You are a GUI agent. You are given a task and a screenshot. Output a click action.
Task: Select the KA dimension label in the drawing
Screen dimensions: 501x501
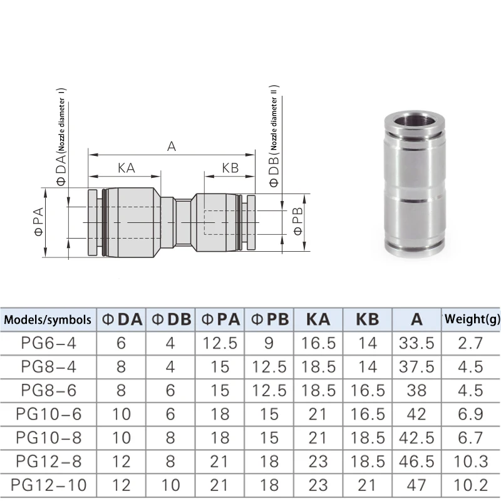pyautogui.click(x=126, y=168)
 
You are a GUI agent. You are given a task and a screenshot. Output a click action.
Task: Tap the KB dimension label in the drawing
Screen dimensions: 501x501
pyautogui.click(x=230, y=168)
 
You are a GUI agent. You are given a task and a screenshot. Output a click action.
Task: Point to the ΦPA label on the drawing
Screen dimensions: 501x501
pyautogui.click(x=37, y=222)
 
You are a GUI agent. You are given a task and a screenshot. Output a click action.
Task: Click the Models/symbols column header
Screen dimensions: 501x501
pyautogui.click(x=48, y=319)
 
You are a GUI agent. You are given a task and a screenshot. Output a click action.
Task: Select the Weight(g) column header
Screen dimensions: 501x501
pyautogui.click(x=472, y=319)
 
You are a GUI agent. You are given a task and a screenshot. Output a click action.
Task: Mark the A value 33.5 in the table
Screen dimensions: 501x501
pyautogui.click(x=416, y=343)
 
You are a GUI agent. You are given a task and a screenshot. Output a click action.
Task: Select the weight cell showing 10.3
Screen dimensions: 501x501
pyautogui.click(x=472, y=460)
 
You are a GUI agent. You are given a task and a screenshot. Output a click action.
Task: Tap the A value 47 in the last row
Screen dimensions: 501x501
pyautogui.click(x=416, y=484)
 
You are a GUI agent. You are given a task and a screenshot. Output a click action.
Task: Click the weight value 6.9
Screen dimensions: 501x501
pyautogui.click(x=472, y=413)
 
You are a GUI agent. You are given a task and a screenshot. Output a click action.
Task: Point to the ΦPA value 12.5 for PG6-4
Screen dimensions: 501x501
pyautogui.click(x=220, y=343)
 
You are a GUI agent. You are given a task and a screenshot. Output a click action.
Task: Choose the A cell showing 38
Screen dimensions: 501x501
pyautogui.click(x=416, y=390)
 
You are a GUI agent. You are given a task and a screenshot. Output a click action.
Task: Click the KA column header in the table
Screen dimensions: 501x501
pyautogui.click(x=318, y=319)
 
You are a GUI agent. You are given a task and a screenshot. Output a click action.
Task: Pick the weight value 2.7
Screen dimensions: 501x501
pyautogui.click(x=472, y=343)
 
